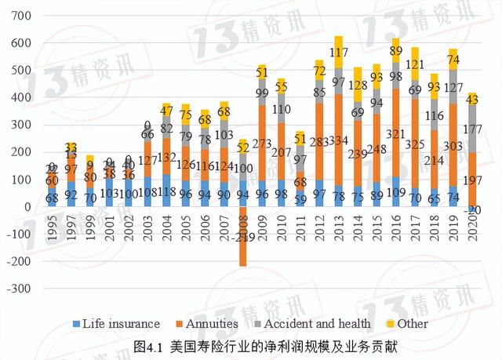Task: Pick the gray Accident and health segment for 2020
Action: tap(473, 129)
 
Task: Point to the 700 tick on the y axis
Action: tap(23, 16)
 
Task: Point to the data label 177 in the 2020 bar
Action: tap(473, 129)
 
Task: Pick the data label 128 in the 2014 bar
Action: tap(358, 85)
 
